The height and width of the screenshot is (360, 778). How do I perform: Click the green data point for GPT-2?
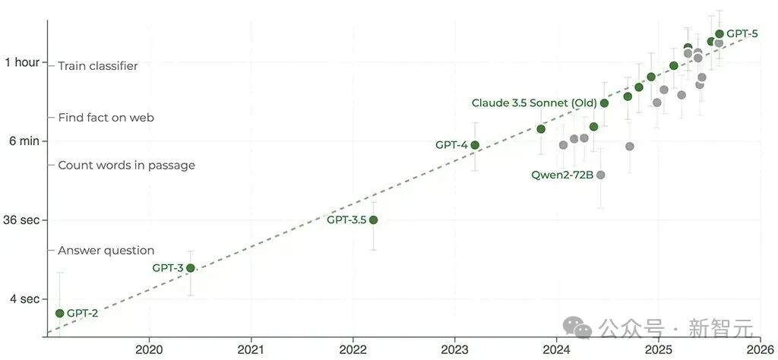pos(59,313)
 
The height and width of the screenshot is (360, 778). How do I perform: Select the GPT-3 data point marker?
pos(191,268)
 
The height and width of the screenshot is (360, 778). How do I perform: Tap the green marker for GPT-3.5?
pos(373,220)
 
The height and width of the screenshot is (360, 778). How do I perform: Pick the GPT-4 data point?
pos(475,145)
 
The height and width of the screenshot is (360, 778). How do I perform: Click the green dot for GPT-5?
pos(719,33)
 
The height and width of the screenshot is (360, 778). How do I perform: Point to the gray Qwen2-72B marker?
pos(601,175)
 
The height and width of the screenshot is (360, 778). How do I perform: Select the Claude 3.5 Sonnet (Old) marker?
pos(604,103)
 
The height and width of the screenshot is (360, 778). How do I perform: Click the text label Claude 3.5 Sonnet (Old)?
pos(534,103)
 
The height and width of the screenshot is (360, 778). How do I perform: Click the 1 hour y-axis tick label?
pos(22,62)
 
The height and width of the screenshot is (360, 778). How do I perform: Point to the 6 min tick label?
pos(24,141)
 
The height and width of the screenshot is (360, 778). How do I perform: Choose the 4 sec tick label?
pos(24,299)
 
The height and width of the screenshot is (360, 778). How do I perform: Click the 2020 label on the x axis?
pos(148,349)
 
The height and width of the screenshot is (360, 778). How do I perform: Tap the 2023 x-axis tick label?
pos(454,349)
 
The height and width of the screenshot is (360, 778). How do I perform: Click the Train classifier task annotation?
pos(98,66)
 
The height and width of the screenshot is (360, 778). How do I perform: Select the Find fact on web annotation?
pos(106,118)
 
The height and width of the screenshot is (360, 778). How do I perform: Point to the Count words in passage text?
pos(126,166)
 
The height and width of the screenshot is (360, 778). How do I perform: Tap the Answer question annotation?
pos(106,251)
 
